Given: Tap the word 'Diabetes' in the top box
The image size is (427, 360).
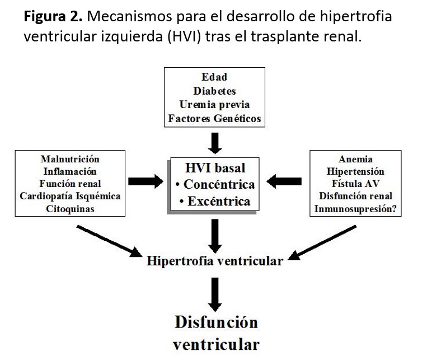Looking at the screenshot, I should [214, 91].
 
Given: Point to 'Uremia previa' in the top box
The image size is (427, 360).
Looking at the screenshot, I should [214, 104].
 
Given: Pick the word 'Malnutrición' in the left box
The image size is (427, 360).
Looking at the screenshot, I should [70, 160].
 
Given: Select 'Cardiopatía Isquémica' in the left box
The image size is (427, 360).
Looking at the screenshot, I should [70, 197].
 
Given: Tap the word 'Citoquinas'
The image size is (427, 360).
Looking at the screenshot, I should [70, 209].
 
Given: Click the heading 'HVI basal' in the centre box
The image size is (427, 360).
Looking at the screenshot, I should [215, 167].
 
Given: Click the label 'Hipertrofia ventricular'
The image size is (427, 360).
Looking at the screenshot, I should [214, 261].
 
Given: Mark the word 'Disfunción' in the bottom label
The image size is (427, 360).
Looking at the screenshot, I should [216, 322].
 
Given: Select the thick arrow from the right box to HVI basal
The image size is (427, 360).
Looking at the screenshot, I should [285, 181].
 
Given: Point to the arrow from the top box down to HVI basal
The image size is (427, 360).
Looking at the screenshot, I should [214, 142].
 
